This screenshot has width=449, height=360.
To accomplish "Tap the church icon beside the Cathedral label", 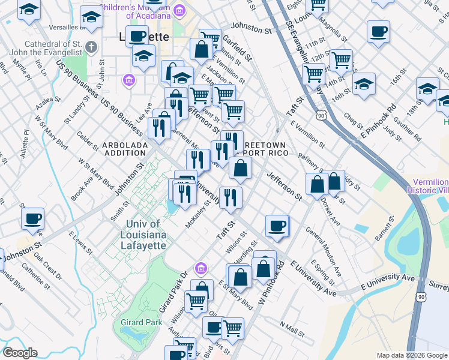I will click(x=91, y=47).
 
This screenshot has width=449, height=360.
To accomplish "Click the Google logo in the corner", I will click(x=20, y=353).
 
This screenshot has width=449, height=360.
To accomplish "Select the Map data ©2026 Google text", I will click(x=411, y=355).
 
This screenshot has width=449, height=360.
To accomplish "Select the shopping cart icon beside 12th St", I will click(x=341, y=59).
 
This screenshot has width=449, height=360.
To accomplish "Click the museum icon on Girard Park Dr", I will click(x=200, y=267).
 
